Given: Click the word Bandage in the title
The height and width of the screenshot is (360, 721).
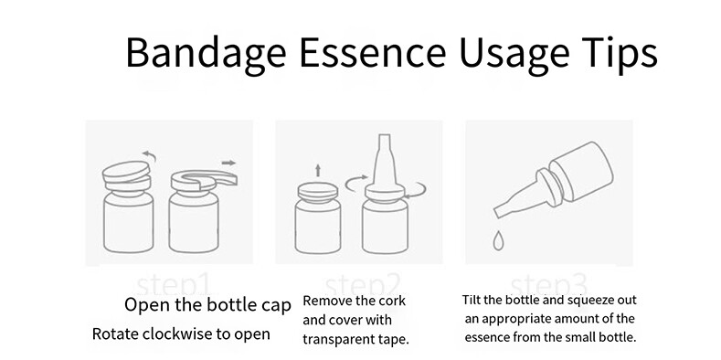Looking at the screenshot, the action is point(206,53).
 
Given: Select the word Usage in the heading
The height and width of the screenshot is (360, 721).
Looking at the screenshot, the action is point(514,53).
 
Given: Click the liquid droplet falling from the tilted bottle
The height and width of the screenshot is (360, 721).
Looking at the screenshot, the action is point(498,240).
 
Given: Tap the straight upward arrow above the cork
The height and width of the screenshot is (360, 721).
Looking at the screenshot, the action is point(318,171).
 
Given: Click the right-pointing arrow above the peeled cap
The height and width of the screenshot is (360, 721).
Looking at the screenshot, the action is point(228,163).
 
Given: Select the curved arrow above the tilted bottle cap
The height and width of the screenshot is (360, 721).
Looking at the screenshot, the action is point(150,156).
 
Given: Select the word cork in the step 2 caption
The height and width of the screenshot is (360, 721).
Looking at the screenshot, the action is point(391,301).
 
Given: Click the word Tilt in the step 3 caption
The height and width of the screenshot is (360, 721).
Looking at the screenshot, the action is point(472,300).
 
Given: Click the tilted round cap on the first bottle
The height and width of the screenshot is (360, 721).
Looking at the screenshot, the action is point(126,171).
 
